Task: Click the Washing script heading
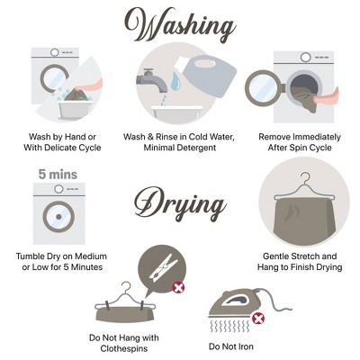[180, 25]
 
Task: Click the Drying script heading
[180, 203]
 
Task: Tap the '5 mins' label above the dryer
[58, 175]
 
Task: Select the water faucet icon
[152, 80]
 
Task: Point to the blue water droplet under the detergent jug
[175, 81]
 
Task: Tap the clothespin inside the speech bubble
[162, 267]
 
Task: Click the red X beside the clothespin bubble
[178, 288]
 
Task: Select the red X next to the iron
[257, 318]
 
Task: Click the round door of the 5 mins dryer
[58, 217]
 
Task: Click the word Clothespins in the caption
[124, 348]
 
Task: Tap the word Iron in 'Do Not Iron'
[246, 346]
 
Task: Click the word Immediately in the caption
[317, 137]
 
